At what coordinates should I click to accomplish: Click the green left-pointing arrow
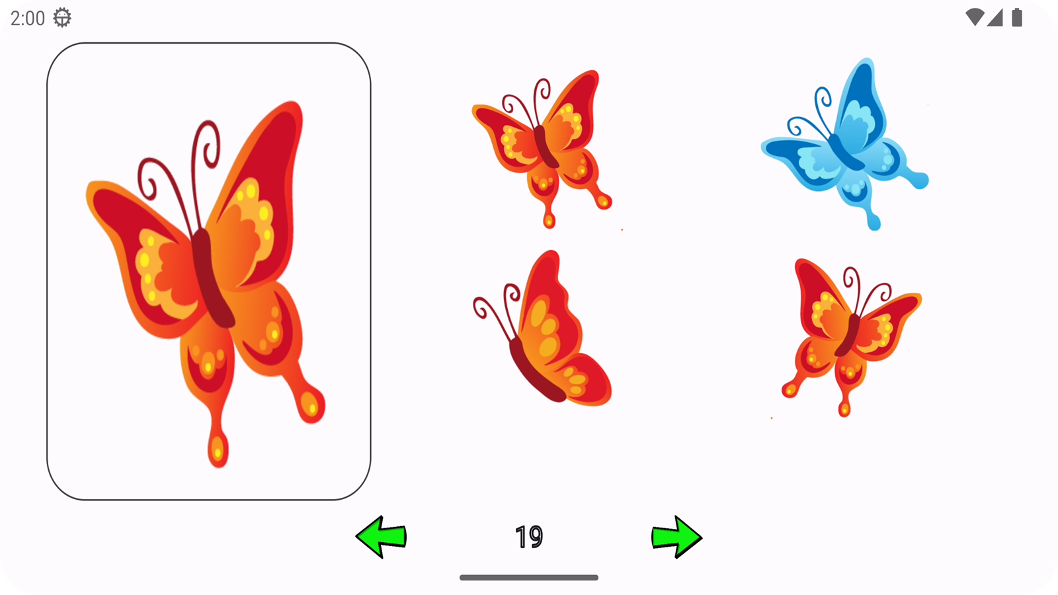coord(381,537)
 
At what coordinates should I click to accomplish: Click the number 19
coord(529,537)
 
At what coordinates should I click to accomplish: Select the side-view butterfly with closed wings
coord(543,331)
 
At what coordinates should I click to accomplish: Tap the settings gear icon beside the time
coord(62,18)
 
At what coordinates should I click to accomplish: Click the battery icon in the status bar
coord(1017,18)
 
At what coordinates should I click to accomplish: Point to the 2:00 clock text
coord(27,19)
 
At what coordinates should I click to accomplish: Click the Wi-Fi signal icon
coord(975,17)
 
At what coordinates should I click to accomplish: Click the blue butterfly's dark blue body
coord(846,152)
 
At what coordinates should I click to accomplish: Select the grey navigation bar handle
coord(529,578)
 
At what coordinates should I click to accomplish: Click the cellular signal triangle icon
coord(995,18)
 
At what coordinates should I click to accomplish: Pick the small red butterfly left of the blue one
coord(543,149)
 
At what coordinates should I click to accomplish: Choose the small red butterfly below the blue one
coord(850,338)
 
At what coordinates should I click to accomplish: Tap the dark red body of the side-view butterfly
coord(536,371)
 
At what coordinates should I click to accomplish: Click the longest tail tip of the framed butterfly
coord(218,451)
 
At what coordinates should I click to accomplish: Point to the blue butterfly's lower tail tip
coord(874,222)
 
